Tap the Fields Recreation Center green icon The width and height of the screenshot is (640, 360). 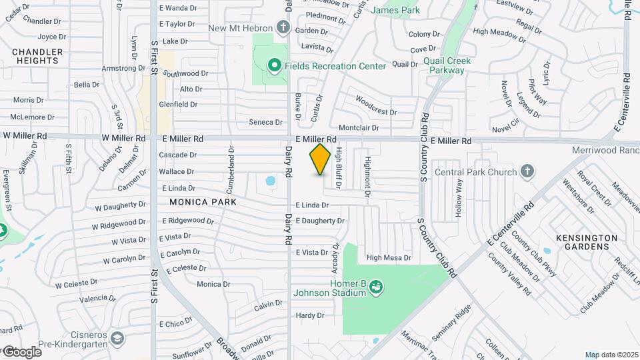(273, 65)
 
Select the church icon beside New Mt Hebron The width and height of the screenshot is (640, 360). (283, 28)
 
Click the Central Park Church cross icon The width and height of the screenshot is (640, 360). (527, 172)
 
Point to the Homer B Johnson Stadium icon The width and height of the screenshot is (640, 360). (377, 287)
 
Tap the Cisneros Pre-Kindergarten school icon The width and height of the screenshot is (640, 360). (117, 338)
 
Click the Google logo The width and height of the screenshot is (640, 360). (21, 352)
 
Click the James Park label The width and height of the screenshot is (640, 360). (395, 10)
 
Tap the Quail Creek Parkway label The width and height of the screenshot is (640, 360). (447, 65)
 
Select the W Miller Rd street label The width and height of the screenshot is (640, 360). (25, 135)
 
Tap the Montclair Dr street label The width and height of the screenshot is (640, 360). (359, 127)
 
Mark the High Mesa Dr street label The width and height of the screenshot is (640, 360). (389, 258)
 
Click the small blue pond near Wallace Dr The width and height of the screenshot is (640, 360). (270, 181)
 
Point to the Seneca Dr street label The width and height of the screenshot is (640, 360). (266, 122)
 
